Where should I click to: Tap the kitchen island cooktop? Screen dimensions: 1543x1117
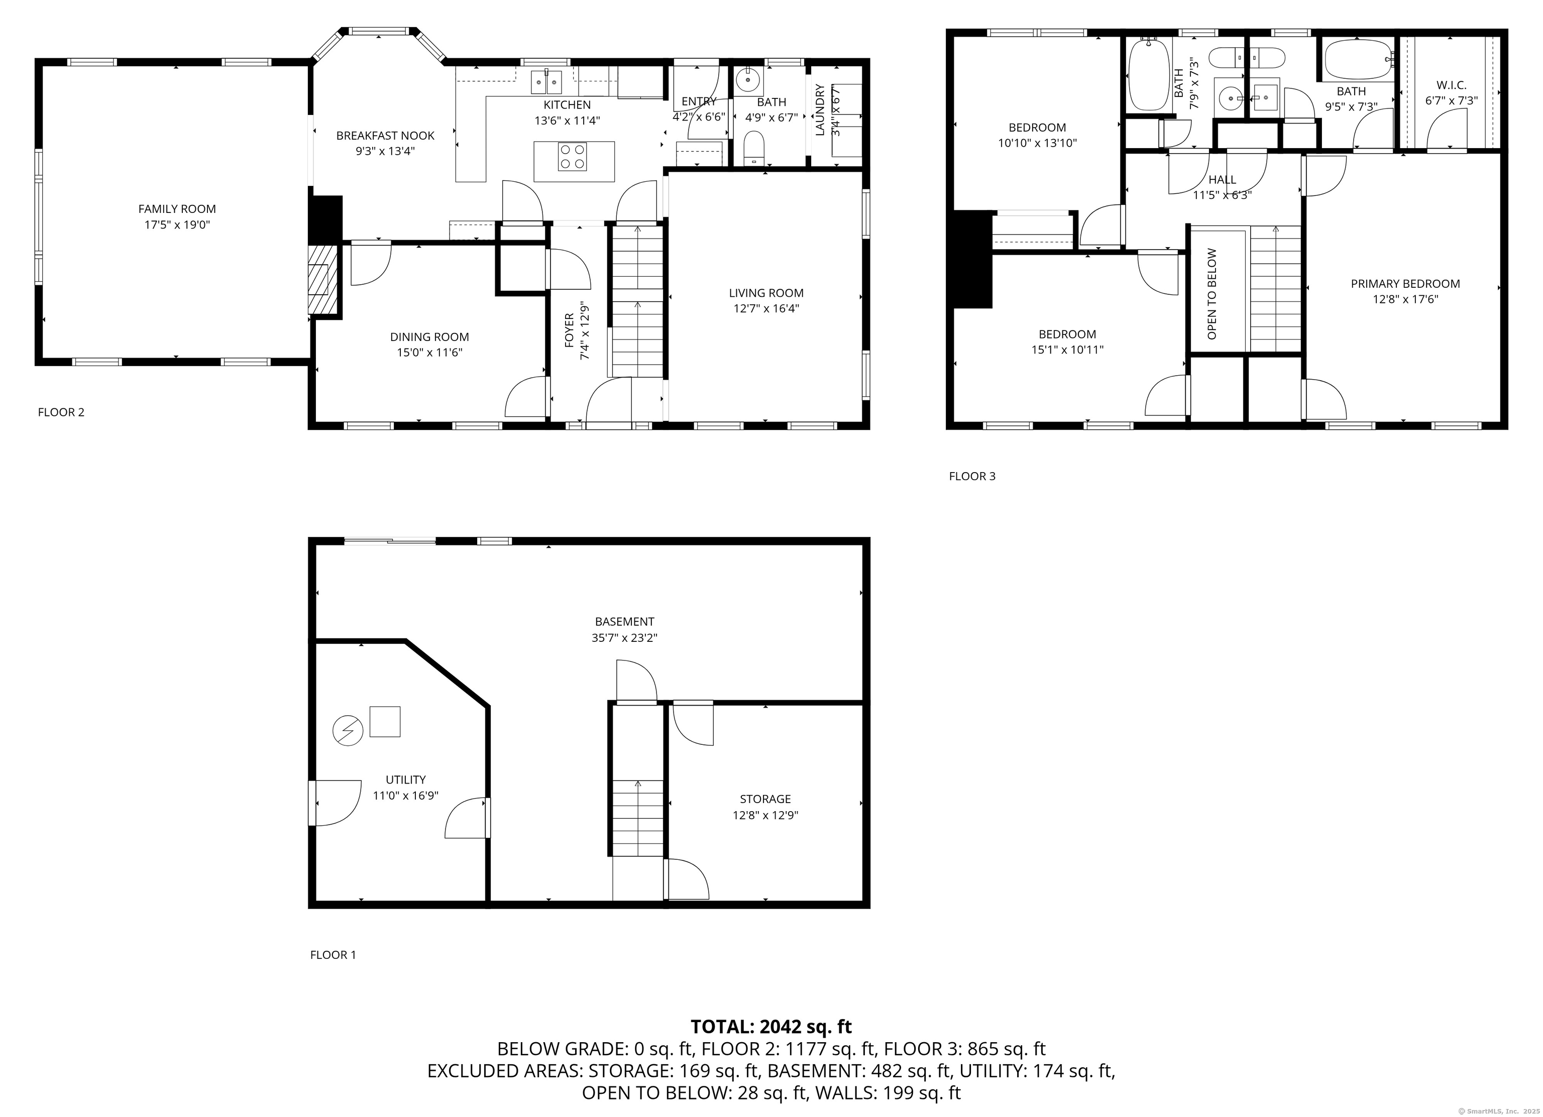pyautogui.click(x=572, y=157)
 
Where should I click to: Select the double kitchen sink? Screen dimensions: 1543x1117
pyautogui.click(x=547, y=82)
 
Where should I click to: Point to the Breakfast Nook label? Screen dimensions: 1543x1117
pyautogui.click(x=385, y=136)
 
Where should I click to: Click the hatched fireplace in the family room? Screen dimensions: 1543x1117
pyautogui.click(x=322, y=278)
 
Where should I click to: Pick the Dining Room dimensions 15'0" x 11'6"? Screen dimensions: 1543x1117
pyautogui.click(x=429, y=353)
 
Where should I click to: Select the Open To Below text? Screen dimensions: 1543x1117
pyautogui.click(x=1211, y=293)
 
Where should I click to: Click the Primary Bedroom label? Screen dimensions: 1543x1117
pyautogui.click(x=1405, y=284)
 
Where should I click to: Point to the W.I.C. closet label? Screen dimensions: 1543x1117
pyautogui.click(x=1452, y=85)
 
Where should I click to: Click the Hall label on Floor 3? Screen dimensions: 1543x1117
pyautogui.click(x=1223, y=180)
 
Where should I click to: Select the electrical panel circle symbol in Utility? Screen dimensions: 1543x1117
pyautogui.click(x=348, y=731)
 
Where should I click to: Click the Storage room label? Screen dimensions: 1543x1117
pyautogui.click(x=765, y=799)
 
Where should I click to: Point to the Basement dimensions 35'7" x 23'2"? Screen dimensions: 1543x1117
pyautogui.click(x=624, y=637)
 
